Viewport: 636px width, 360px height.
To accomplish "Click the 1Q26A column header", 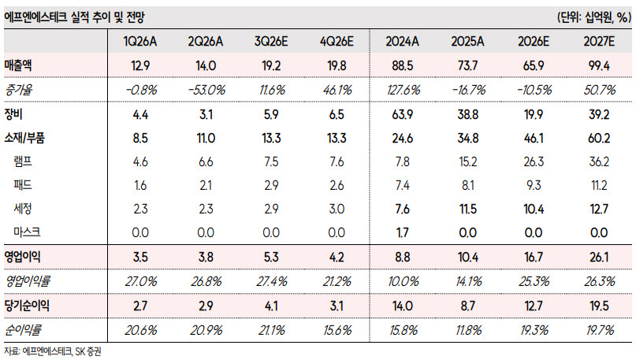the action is click(x=140, y=41).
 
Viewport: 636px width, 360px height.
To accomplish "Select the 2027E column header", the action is click(x=599, y=41).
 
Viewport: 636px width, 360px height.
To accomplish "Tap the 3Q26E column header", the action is click(x=271, y=41).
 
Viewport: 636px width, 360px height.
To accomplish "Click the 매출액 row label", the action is click(x=18, y=65).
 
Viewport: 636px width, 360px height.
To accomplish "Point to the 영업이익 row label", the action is click(x=22, y=257).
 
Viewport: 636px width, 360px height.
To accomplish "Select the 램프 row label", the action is click(x=23, y=161).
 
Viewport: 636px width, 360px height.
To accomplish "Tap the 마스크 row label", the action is click(x=27, y=232).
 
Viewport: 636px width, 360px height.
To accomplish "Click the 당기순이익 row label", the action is click(x=27, y=306).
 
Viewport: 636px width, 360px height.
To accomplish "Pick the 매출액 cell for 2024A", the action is click(x=403, y=65).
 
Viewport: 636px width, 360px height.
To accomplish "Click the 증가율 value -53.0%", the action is click(x=206, y=90).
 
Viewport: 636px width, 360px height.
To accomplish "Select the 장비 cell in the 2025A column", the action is click(x=467, y=115).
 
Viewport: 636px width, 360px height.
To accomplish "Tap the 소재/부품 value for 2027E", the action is click(x=599, y=138).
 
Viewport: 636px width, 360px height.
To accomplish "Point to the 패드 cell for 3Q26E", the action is click(x=271, y=185).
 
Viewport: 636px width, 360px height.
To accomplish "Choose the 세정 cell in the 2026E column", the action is click(x=534, y=210).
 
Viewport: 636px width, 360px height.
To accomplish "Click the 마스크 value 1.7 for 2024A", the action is click(x=403, y=232).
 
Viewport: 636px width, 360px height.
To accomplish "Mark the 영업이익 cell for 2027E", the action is click(x=599, y=258).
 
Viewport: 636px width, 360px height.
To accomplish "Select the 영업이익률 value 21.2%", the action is click(x=337, y=281).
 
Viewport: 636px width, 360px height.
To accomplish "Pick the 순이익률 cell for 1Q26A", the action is click(x=141, y=330).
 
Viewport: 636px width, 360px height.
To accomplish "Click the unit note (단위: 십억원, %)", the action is click(x=594, y=17).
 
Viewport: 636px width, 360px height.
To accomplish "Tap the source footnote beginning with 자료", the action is click(x=53, y=351).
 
